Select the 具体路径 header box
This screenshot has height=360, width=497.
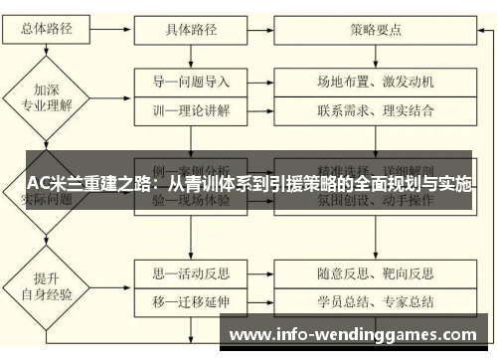191,30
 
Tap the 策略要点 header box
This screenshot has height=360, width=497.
376,30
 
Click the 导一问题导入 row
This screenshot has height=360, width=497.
192,82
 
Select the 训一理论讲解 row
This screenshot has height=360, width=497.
192,109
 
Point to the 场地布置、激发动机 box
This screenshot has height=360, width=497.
376,82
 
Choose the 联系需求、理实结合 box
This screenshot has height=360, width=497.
376,109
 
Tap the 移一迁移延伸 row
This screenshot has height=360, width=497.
192,299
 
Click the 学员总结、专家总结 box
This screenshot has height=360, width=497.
376,299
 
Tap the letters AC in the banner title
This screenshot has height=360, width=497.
38,182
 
